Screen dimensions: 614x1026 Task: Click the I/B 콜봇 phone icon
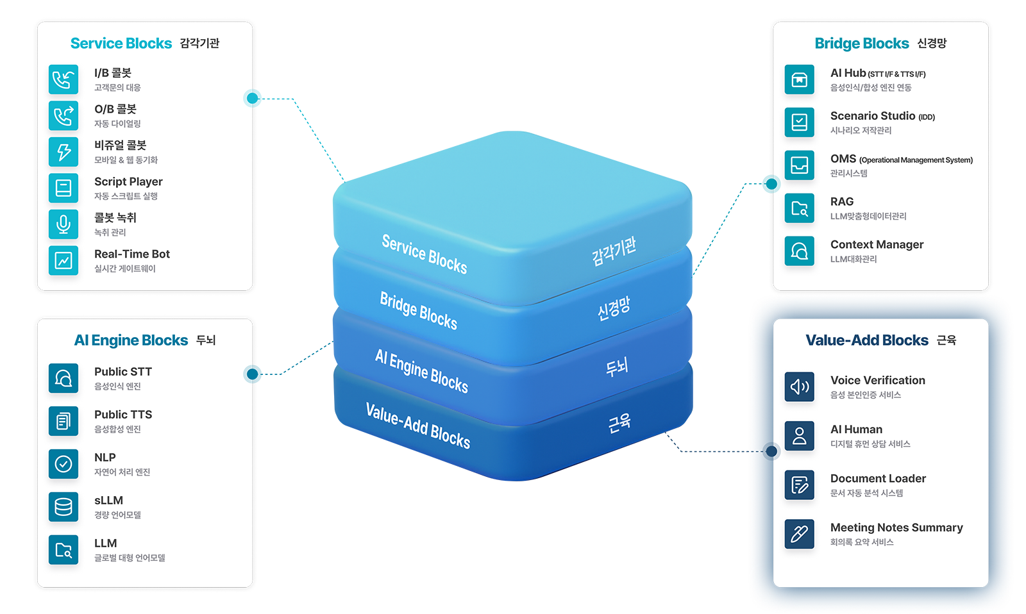tap(63, 79)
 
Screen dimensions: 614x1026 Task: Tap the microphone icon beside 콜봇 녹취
tap(63, 224)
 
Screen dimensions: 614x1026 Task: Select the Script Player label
tap(128, 182)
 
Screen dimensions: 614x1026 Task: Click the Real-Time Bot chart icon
tap(63, 261)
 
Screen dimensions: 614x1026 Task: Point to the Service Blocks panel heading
tap(121, 44)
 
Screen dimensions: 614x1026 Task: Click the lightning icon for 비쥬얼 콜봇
tap(63, 152)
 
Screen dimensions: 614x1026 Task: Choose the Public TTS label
tap(123, 415)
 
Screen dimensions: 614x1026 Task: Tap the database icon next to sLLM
tap(63, 507)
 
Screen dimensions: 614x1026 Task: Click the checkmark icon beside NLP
tap(63, 464)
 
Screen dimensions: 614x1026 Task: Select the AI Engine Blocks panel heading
tap(131, 340)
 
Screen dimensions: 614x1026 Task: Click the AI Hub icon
tap(799, 79)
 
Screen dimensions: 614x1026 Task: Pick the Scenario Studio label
tap(873, 116)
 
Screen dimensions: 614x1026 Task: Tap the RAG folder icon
tap(799, 208)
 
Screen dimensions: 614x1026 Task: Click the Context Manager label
tap(877, 245)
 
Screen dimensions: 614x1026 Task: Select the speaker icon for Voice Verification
tap(799, 387)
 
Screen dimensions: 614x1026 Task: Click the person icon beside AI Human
tap(799, 436)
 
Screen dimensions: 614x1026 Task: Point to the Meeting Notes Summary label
tap(896, 528)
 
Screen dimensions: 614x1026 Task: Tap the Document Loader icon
tap(799, 485)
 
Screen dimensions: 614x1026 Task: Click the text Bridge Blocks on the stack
tap(418, 311)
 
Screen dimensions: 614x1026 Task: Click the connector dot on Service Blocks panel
tap(255, 98)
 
